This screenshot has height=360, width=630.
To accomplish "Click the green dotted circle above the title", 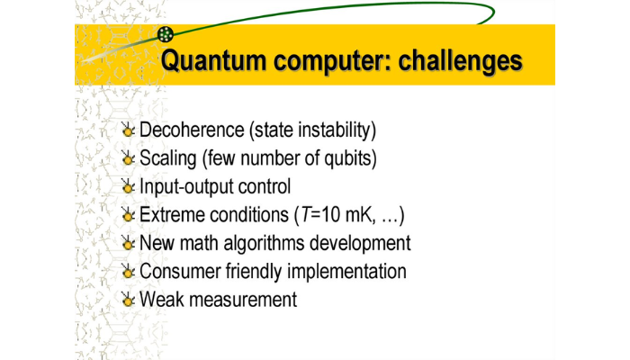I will point(165,35).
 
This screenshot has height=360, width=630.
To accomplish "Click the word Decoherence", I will point(190,130).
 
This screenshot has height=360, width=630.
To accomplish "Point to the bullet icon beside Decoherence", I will point(128,130).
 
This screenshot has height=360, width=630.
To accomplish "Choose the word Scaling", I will point(168,158).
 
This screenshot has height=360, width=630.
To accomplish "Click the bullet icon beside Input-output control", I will point(128,188).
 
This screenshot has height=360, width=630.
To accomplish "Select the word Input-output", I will point(186,187).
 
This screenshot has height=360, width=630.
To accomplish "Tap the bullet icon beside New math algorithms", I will point(128,244).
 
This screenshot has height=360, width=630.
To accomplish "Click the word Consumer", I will point(178,271).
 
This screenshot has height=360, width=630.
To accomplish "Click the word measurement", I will point(240,299).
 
